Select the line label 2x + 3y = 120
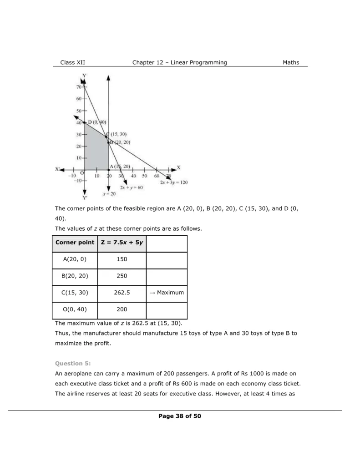click(x=174, y=182)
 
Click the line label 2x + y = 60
click(x=132, y=187)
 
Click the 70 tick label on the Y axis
click(x=79, y=87)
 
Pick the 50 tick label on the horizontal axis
click(x=144, y=176)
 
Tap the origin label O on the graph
click(x=82, y=173)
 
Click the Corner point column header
click(x=75, y=243)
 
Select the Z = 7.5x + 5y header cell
click(x=122, y=243)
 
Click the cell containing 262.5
click(x=122, y=293)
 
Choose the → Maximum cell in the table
click(x=167, y=293)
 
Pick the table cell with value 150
click(x=122, y=259)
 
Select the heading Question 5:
click(x=73, y=363)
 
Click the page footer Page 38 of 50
click(x=180, y=416)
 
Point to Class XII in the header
click(x=73, y=63)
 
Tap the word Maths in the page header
click(x=291, y=63)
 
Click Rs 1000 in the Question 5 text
click(x=228, y=374)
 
